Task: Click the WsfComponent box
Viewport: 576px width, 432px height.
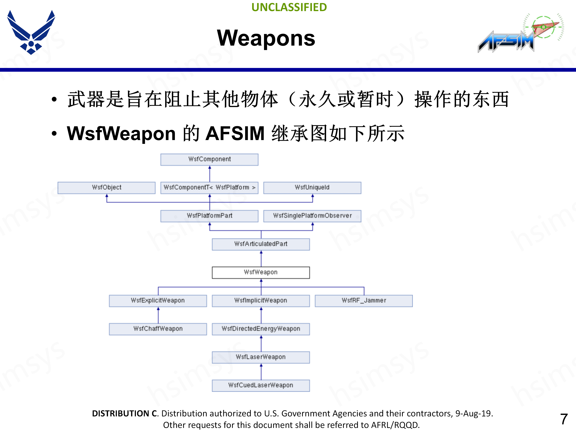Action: click(209, 159)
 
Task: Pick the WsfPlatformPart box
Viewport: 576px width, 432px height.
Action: click(209, 216)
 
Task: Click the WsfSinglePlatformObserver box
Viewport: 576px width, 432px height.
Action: click(312, 216)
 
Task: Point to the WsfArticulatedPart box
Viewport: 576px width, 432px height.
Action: click(261, 244)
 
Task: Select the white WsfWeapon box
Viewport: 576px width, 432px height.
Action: click(261, 272)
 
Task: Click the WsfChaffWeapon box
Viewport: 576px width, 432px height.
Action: click(158, 329)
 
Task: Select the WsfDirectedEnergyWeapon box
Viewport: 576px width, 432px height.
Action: click(261, 329)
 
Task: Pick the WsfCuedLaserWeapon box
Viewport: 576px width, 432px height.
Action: click(261, 385)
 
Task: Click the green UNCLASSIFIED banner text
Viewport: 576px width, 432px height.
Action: click(289, 7)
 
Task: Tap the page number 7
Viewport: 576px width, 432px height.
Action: click(564, 419)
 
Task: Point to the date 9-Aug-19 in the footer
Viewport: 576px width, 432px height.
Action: click(474, 414)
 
